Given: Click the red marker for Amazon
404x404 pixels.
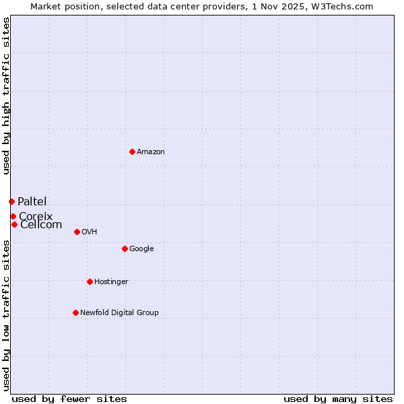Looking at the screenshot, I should pos(132,151).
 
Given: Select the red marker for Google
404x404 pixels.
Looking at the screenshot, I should pos(125,248).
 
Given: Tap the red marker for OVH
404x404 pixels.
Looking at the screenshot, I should pos(77,232).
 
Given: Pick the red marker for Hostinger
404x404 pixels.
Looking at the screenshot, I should pos(90,281).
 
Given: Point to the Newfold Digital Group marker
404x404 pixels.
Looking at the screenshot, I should pos(75,312).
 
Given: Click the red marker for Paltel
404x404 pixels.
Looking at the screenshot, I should pos(11,201).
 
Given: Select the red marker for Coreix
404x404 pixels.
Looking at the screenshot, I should pos(13,216).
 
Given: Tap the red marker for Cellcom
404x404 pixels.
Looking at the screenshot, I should pos(14,224).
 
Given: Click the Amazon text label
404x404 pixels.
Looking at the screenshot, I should pos(151,152).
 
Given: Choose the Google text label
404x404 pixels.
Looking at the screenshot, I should pos(141,249).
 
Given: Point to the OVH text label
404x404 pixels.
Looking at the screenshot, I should pos(90,232).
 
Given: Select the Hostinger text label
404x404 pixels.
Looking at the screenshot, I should pos(111,282).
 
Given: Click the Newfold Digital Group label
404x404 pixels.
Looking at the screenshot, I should pos(119,313).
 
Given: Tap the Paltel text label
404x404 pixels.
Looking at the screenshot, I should pos(32,202).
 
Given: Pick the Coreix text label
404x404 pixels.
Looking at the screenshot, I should pos(36,217).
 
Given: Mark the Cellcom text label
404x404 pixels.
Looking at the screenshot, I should pos(41,225).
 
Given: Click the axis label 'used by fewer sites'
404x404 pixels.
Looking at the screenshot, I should pos(69,399).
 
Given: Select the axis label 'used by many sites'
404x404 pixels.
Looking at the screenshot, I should pos(338,399).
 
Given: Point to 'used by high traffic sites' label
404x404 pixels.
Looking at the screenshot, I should pos(6,96).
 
